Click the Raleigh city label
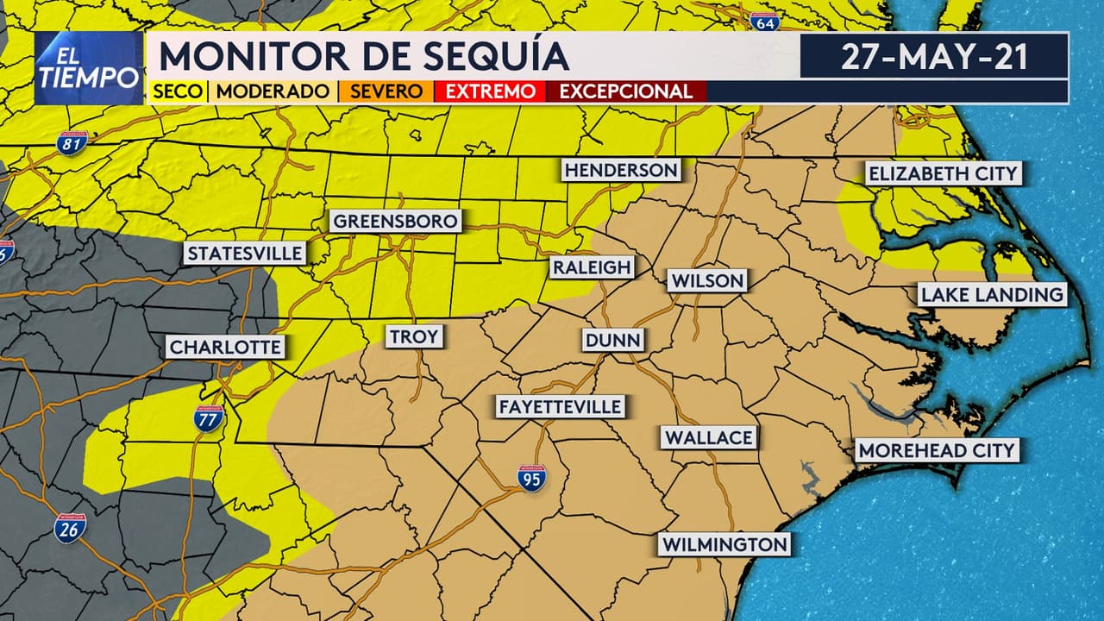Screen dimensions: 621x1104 click(x=593, y=267)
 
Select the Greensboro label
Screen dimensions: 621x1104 click(x=395, y=222)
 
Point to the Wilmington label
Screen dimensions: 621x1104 click(x=724, y=545)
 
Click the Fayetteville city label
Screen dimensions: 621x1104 click(x=560, y=407)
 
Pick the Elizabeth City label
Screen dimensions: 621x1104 click(x=943, y=173)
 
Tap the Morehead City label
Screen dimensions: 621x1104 click(x=938, y=450)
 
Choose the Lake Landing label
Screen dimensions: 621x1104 click(x=992, y=295)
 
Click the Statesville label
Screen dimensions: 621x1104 click(x=246, y=254)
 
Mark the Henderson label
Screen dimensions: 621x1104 click(x=621, y=170)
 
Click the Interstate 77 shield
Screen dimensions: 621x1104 click(x=209, y=418)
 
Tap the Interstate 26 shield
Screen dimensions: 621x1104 click(x=70, y=529)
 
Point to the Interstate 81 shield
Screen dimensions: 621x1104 click(x=72, y=142)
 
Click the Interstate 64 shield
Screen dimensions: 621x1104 click(x=764, y=22)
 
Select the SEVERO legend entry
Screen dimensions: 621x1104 click(x=386, y=91)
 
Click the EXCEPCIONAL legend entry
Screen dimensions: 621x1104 click(x=626, y=91)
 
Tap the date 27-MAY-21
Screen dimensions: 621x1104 click(x=934, y=57)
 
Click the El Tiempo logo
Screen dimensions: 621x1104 click(x=89, y=68)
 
